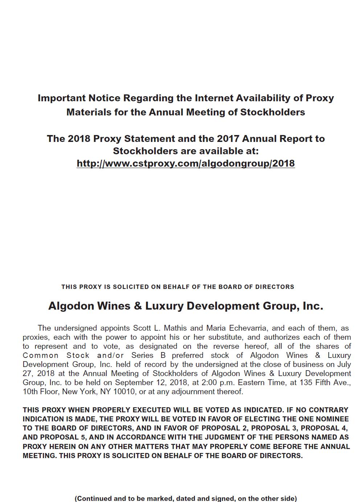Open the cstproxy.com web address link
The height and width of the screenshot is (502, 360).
pos(185,163)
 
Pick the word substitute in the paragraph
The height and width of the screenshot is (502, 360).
pos(224,337)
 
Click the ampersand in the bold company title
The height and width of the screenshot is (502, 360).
pos(138,306)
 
